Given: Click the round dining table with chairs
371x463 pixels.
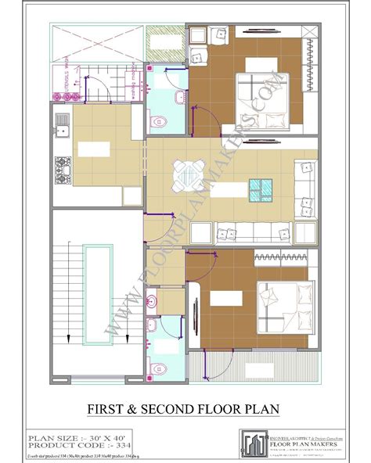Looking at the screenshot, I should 187,174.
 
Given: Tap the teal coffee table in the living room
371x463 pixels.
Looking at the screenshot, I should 261,188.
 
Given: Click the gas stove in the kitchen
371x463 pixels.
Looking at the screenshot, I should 61,167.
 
